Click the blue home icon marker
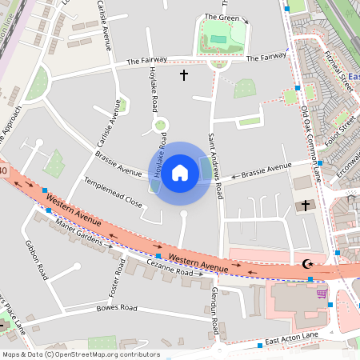pos(180,173)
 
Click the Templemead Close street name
pos(113,193)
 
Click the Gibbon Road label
pos(38,259)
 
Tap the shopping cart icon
pos(322,293)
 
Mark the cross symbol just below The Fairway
pos(183,75)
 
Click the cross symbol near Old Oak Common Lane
pos(304,206)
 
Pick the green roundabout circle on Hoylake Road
pos(160,124)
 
